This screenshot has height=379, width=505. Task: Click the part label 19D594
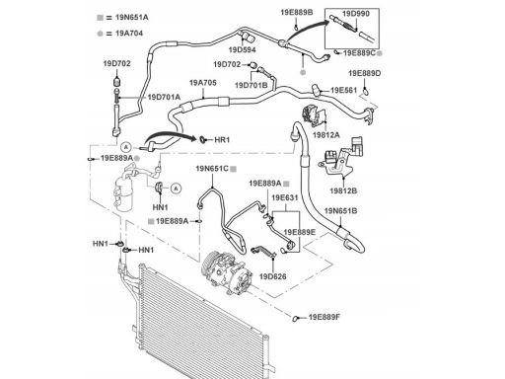[242, 50]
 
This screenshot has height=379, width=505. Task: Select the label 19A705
[203, 83]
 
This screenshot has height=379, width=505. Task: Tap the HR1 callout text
[222, 140]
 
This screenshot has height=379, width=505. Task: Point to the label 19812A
[326, 135]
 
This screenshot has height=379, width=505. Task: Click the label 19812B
[343, 190]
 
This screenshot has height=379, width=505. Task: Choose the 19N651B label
[340, 211]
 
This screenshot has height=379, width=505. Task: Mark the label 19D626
[272, 276]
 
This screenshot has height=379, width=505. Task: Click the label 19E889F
[325, 317]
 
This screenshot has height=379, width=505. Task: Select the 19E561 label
[343, 90]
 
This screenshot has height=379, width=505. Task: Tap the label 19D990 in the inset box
[356, 14]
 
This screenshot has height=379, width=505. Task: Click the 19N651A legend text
[132, 18]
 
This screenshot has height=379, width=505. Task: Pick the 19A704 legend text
[129, 34]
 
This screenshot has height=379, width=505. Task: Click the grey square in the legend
[100, 18]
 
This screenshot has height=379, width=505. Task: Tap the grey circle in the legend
[100, 34]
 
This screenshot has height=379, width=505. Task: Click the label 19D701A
[164, 97]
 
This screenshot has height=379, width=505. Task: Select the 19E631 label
[285, 198]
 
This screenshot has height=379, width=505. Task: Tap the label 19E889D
[365, 73]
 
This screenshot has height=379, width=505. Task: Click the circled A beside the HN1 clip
[177, 189]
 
